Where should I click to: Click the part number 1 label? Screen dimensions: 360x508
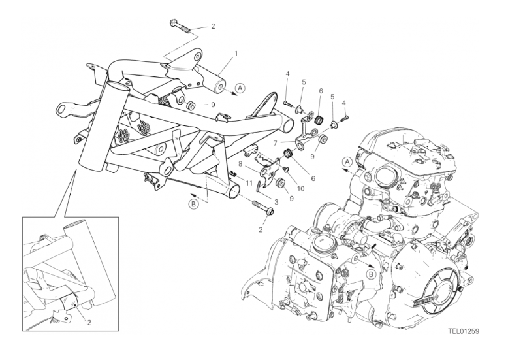pyautogui.click(x=236, y=53)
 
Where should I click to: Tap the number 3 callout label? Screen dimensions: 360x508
pyautogui.click(x=277, y=201)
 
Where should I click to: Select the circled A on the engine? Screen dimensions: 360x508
pyautogui.click(x=347, y=161)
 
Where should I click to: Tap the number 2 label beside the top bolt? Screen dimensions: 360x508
pyautogui.click(x=213, y=27)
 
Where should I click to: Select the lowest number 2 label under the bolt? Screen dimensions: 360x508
pyautogui.click(x=261, y=229)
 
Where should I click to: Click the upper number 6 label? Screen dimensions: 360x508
pyautogui.click(x=321, y=91)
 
